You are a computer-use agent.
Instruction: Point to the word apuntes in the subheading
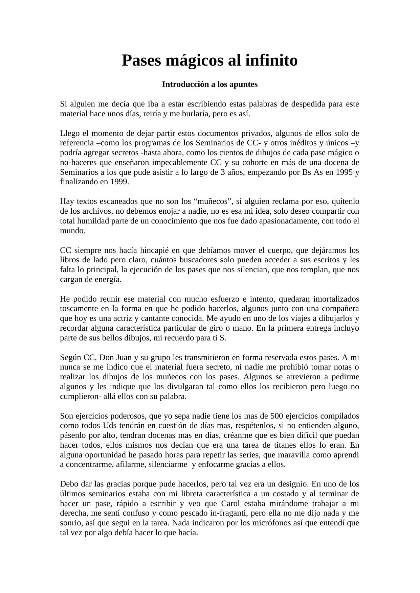coord(243,84)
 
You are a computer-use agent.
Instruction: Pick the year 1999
coord(119,182)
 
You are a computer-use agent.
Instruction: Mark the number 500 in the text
coord(277,416)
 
